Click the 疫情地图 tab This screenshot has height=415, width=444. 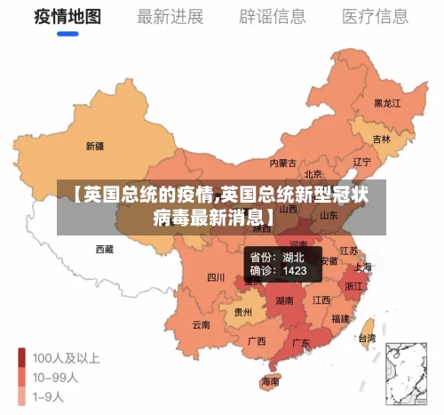pyautogui.click(x=67, y=16)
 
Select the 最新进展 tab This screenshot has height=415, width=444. pyautogui.click(x=170, y=16)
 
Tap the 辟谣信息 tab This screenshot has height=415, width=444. pyautogui.click(x=273, y=16)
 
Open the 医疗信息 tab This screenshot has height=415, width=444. pyautogui.click(x=376, y=16)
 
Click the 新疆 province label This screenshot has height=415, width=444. pyautogui.click(x=94, y=146)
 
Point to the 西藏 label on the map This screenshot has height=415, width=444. pyautogui.click(x=104, y=250)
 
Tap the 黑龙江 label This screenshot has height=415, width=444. pyautogui.click(x=387, y=103)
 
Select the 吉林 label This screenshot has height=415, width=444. pyautogui.click(x=382, y=140)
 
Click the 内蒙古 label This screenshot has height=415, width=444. pyautogui.click(x=283, y=164)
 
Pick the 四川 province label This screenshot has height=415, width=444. pyautogui.click(x=216, y=277)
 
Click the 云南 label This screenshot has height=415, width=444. pyautogui.click(x=201, y=325)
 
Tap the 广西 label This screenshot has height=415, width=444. pyautogui.click(x=257, y=340)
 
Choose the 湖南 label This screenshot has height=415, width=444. pyautogui.click(x=284, y=300)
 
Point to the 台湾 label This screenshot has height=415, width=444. pyautogui.click(x=366, y=338)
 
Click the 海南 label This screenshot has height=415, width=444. pyautogui.click(x=270, y=381)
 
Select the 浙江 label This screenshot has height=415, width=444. pyautogui.click(x=353, y=286)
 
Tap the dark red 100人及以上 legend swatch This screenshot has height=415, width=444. pyautogui.click(x=22, y=359)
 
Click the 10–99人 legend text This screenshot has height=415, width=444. pyautogui.click(x=55, y=377)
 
